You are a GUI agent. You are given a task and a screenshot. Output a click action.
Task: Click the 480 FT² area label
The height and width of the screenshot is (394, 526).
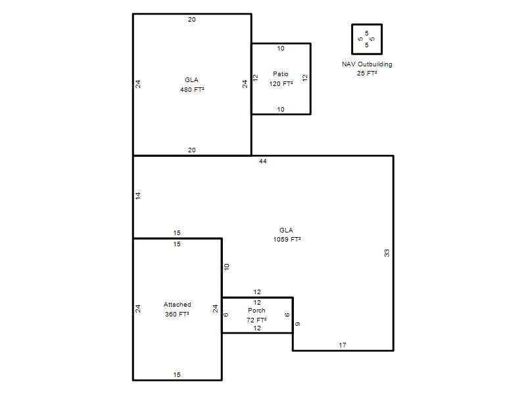pos(192,89)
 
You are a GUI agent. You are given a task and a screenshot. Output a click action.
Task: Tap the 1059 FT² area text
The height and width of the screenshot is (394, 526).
pos(287,239)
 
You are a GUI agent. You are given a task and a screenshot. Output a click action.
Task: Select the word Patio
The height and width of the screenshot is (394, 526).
pos(281,74)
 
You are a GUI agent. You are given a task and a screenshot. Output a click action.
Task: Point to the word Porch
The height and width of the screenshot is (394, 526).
pos(256,310)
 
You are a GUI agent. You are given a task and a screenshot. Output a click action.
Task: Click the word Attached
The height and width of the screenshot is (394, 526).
pos(177,304)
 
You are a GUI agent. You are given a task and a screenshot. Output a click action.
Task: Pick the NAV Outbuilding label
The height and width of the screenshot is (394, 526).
pos(367,64)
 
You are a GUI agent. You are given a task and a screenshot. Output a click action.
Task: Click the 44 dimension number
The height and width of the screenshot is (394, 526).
pos(262,161)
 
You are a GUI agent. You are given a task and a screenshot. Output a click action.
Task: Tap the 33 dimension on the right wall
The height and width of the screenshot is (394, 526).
pos(387,253)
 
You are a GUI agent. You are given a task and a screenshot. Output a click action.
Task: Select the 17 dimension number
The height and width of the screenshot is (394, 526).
pos(342,345)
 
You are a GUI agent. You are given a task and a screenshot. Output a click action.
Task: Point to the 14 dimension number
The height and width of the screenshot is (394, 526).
pos(138,196)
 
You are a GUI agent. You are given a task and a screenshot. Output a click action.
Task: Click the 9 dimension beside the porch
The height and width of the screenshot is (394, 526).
pos(298,324)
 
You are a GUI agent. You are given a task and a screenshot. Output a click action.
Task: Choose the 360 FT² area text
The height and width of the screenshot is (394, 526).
pos(177,314)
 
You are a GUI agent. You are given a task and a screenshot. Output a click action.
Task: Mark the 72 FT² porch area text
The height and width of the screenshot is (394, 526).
pos(256,320)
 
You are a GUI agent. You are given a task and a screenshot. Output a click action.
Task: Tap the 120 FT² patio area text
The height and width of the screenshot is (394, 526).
pos(281,83)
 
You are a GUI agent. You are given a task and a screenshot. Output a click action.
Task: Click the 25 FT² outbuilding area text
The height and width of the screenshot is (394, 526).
pos(367,73)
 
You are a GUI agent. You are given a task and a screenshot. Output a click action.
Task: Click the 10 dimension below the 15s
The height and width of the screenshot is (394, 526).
pos(227,267)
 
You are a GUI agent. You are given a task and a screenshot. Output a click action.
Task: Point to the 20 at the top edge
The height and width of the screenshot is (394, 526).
pos(192,20)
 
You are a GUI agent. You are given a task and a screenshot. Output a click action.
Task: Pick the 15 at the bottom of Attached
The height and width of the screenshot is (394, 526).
pos(177,374)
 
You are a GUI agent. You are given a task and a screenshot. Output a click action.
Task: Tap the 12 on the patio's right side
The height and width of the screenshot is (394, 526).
pos(304,77)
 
